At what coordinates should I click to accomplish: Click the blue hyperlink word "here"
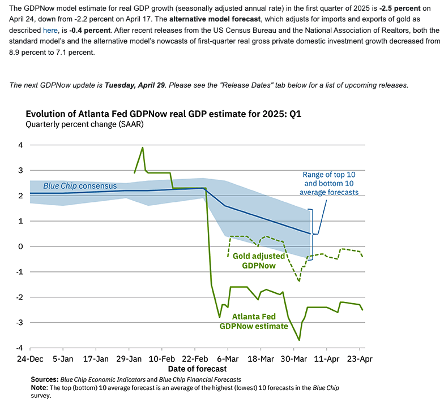click(50, 30)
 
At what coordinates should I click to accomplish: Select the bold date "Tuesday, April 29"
click(135, 85)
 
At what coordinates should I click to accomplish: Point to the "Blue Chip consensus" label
click(80, 186)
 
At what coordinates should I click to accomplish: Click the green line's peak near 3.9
click(142, 148)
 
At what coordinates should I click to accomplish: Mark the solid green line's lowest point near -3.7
click(299, 340)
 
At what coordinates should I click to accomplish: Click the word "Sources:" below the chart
click(45, 379)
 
